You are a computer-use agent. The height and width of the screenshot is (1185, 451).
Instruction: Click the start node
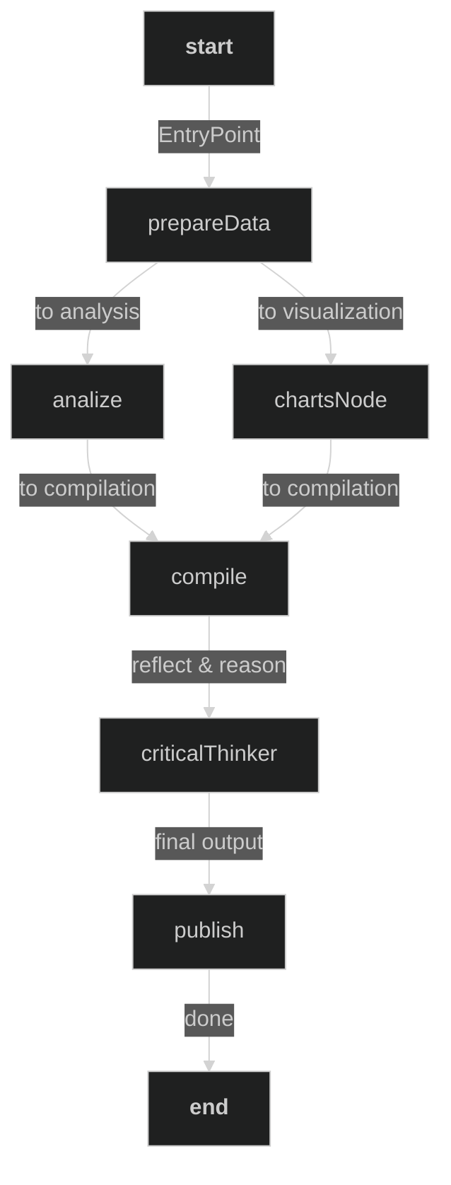click(209, 48)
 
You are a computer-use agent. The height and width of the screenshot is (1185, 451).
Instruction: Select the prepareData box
click(209, 224)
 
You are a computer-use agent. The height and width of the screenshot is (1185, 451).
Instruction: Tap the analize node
click(87, 401)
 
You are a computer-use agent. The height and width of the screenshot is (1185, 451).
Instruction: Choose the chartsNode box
click(330, 401)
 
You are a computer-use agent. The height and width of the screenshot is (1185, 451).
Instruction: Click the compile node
click(209, 578)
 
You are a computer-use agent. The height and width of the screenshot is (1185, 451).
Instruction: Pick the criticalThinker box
click(209, 754)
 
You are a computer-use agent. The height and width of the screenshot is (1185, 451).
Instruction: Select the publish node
click(209, 931)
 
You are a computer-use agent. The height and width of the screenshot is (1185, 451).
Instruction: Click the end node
click(209, 1108)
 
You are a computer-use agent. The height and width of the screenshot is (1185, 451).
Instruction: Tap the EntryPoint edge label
click(209, 135)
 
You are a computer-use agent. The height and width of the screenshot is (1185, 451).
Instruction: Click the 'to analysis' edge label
click(87, 312)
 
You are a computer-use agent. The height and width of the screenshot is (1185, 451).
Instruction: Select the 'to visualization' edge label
click(330, 312)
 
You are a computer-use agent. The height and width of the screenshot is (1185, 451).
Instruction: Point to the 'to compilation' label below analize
click(87, 489)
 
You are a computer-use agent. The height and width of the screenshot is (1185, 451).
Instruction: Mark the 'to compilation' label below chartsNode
click(330, 489)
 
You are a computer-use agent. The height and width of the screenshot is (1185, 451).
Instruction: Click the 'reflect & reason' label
click(209, 665)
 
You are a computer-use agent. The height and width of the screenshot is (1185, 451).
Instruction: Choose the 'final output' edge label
click(209, 842)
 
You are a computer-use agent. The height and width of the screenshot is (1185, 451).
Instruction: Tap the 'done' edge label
click(209, 1019)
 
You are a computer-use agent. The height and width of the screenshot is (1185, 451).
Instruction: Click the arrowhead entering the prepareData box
click(209, 182)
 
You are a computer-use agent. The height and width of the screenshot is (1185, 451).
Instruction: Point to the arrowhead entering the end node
click(209, 1066)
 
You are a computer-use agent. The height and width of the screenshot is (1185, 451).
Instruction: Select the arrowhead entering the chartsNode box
click(330, 358)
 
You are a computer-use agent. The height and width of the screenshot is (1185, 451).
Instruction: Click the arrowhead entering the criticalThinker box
click(209, 712)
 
